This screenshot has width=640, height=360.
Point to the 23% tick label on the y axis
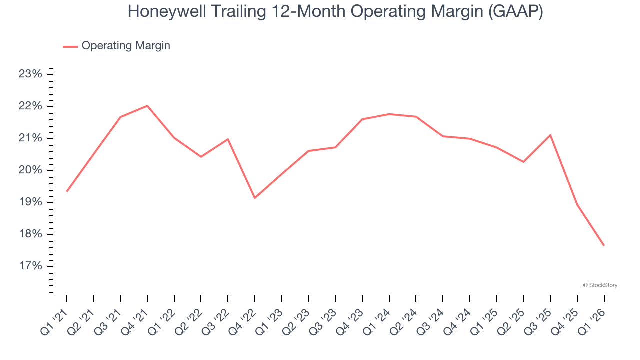coord(30,74)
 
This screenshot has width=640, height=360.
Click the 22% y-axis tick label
coord(30,106)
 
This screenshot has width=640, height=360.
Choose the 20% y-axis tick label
coord(30,170)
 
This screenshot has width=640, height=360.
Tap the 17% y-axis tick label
coord(30,266)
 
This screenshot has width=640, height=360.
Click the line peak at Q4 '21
coord(147,106)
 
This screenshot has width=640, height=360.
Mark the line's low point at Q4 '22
coord(255,198)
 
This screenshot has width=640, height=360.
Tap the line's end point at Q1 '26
coord(604,245)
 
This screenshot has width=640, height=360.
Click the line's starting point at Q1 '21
coord(67,191)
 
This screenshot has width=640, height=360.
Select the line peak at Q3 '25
coord(550,135)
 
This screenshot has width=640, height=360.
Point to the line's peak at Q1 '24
coord(389,114)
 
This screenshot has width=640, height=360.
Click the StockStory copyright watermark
coord(600,285)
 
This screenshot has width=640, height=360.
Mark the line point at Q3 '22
coord(228,139)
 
